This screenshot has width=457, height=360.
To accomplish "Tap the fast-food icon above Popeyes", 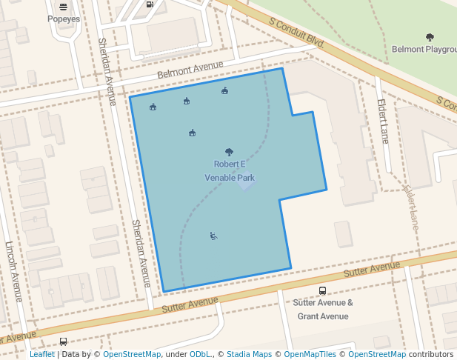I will tap(62, 6).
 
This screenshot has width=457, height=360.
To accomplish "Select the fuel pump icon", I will tap(150, 4).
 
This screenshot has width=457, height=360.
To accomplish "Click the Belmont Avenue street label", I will tap(190, 71).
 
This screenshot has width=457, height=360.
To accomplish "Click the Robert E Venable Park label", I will tap(230, 170).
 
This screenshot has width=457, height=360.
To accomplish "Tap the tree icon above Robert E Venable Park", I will tap(229, 152).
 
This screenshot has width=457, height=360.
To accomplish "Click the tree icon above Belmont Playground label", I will tap(430, 36).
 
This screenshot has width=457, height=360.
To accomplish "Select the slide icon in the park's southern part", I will tap(213, 236).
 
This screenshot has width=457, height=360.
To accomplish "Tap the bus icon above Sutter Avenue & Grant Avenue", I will tap(322, 291).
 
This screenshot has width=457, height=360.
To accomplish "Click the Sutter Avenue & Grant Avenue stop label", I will tap(322, 309).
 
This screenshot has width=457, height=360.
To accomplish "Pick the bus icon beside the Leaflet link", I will tap(63, 341).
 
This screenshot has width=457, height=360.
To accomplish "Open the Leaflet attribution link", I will tap(42, 355).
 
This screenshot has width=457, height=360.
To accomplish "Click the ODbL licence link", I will tap(201, 355).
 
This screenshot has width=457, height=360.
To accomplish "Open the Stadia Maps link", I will tap(250, 355).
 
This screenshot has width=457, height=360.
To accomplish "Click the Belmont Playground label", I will tap(424, 50).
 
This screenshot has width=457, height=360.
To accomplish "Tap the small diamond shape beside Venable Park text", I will tap(246, 182).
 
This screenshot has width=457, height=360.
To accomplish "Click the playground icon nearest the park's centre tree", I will tap(192, 133).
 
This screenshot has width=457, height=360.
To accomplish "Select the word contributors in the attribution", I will tap(430, 355).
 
